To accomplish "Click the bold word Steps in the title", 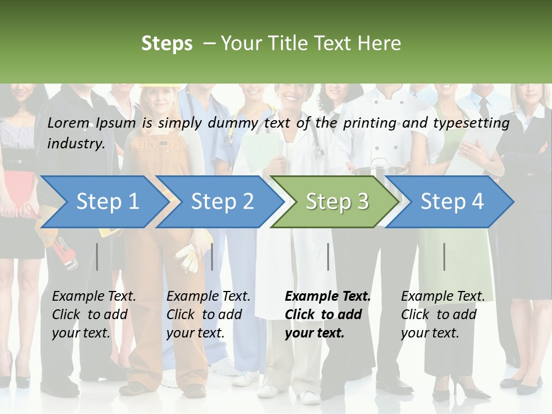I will coord(167,43).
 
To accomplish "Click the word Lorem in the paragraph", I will coord(68,122).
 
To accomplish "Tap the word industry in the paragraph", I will coord(75,143).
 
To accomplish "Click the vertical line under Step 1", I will coord(97,256).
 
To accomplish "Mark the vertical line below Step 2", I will coord(212,256).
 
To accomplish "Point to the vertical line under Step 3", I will coord(328,256).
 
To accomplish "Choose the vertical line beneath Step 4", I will coord(444,256).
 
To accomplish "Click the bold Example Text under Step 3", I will coord(328,297).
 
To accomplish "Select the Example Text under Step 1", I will coord(94,297).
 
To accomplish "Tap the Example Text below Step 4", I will coord(443,297).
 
